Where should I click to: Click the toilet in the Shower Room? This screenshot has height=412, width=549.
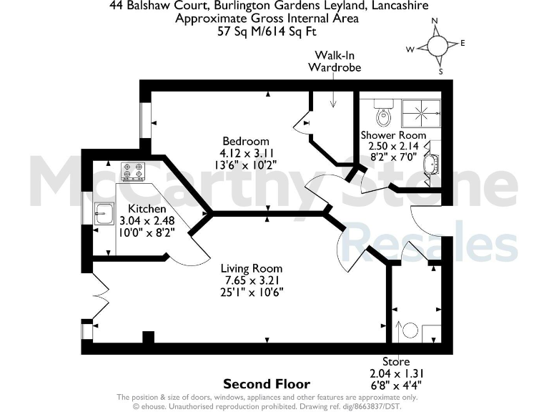[384, 112]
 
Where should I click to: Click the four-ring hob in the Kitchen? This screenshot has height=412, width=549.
[133, 171]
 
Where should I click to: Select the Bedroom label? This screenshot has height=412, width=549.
[245, 141]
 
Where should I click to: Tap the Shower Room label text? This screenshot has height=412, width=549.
[393, 134]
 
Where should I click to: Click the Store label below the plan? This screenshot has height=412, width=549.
[395, 362]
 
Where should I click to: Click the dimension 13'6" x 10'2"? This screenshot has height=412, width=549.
[246, 164]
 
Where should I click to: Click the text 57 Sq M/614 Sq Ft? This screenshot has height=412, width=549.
[267, 31]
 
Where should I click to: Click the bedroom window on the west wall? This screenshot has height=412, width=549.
[144, 119]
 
